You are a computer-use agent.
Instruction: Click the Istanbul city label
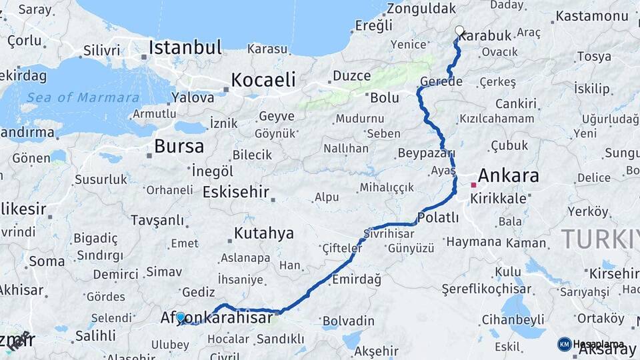[x=185, y=47]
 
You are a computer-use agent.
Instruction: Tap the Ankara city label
[x=509, y=176]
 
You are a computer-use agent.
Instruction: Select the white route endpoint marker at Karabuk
[x=459, y=30]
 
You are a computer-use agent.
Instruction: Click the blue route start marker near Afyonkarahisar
[x=181, y=317]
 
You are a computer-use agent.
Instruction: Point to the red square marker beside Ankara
[x=473, y=185]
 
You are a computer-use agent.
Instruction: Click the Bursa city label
[x=179, y=147]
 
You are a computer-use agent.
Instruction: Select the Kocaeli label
[x=263, y=80]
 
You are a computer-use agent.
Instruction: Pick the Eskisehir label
[x=235, y=193]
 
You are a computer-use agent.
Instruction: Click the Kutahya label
[x=263, y=233]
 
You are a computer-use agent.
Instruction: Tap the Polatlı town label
[x=438, y=217]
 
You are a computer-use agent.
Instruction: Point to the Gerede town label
[x=441, y=82]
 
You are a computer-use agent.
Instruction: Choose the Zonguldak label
[x=421, y=9]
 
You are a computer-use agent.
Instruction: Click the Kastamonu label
[x=592, y=15]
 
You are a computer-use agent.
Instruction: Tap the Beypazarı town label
[x=425, y=153]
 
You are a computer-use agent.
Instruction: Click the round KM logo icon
[x=564, y=344]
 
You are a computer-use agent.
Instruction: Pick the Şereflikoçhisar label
[x=487, y=289]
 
